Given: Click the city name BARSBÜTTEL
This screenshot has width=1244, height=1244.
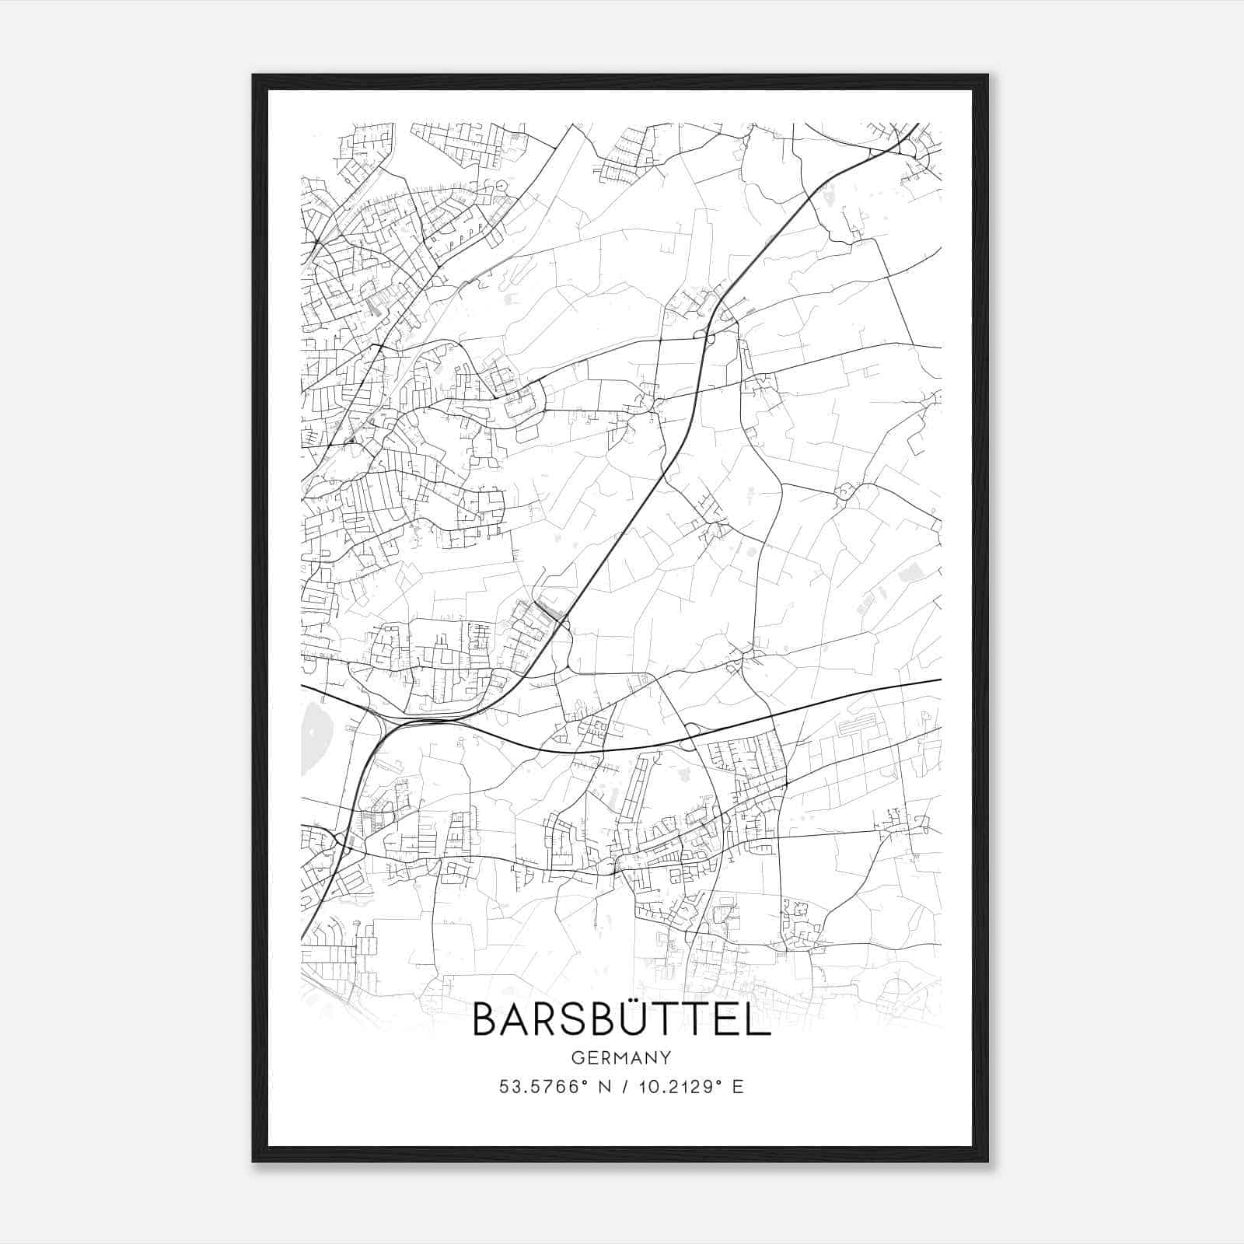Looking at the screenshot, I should tap(621, 1019).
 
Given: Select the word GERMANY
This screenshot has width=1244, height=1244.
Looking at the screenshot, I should tap(621, 1057).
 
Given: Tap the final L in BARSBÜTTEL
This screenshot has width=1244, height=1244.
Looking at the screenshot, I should tap(759, 1019).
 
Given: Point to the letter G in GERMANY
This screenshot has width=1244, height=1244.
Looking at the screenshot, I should tap(577, 1057).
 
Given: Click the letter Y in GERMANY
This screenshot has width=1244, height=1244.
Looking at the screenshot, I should tap(666, 1057).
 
